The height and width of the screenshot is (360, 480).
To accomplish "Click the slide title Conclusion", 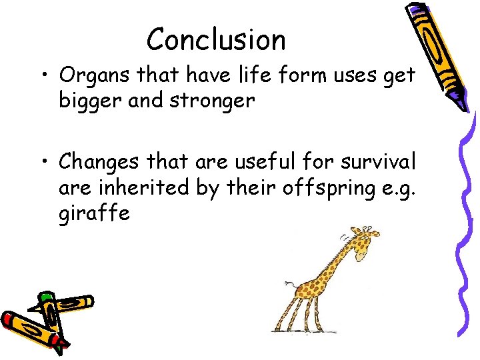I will [x=216, y=39].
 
